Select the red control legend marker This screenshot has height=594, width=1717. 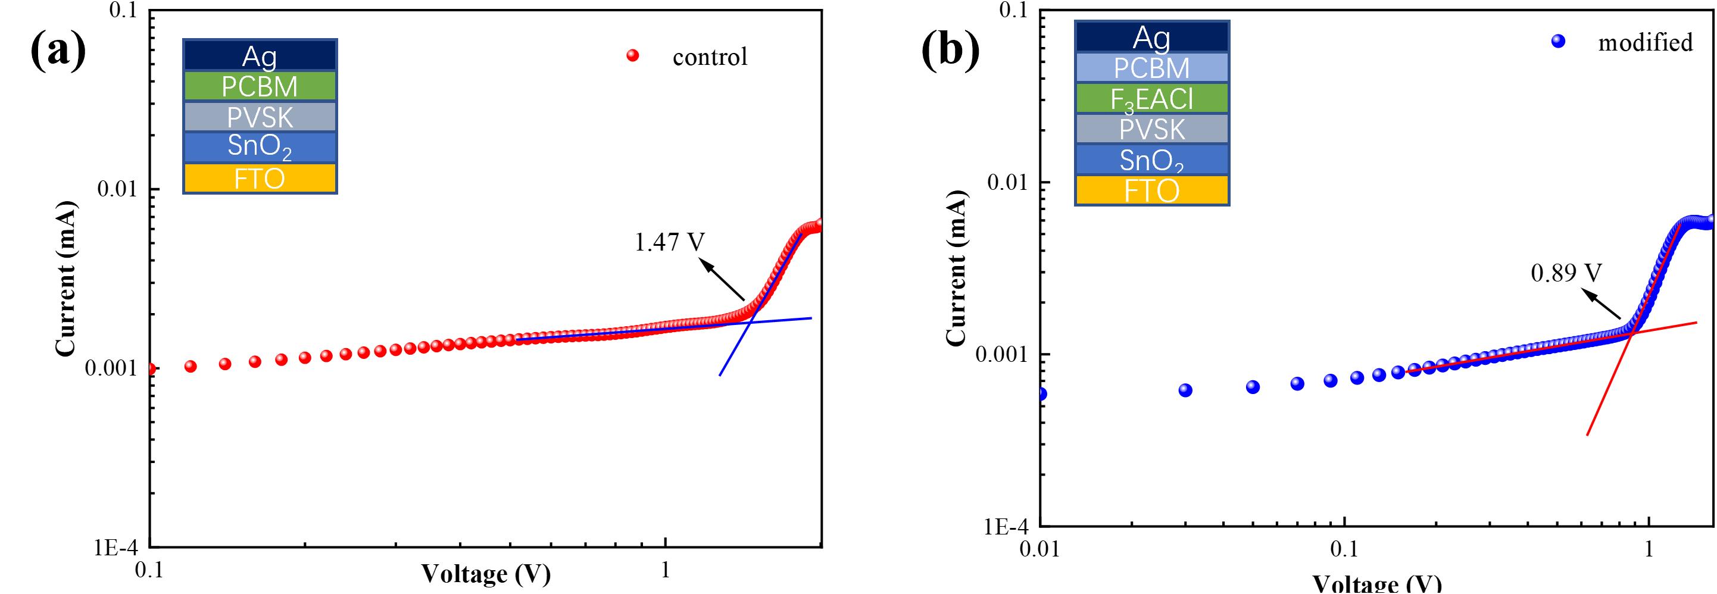[632, 56]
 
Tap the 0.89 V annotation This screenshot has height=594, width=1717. [1566, 273]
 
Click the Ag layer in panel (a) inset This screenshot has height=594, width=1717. [260, 55]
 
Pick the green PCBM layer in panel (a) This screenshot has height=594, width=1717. [260, 86]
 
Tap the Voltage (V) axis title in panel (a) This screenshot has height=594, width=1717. [485, 573]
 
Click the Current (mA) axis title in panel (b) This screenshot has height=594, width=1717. [956, 268]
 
